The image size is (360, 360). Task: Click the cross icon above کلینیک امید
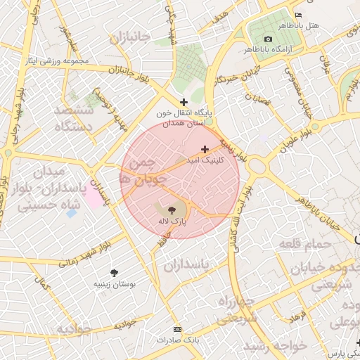pos(205,149)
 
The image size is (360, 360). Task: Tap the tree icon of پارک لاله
pos(172,210)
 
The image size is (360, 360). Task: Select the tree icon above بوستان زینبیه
pos(114,272)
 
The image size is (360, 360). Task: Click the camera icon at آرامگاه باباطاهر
pos(267,39)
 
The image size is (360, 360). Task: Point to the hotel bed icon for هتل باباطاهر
pos(298,15)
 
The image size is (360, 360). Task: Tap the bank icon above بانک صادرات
pos(176,329)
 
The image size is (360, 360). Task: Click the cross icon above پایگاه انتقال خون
pos(184,102)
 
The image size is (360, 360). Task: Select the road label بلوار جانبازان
pos(110,70)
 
